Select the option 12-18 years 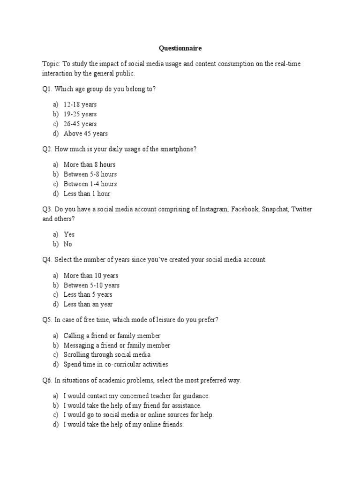point(80,105)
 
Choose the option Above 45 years point(85,134)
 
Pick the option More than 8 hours point(90,165)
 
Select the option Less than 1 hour point(87,194)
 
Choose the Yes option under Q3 point(69,234)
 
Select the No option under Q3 point(68,244)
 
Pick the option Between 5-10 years point(91,285)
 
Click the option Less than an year point(88,304)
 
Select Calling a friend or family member point(112,336)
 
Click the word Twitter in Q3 point(301,209)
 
